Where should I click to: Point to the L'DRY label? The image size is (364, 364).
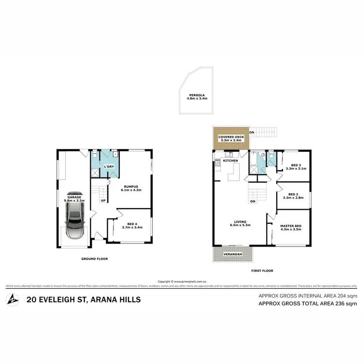coord(109,167)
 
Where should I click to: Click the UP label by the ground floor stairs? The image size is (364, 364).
coord(103,200)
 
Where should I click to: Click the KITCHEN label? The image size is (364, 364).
coord(230,160)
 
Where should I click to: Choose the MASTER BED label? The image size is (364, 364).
coord(291,226)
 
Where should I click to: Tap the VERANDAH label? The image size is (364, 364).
coord(232,254)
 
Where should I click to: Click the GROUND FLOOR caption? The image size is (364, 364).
coord(95,259)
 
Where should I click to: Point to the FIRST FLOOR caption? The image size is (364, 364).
coord(263,270)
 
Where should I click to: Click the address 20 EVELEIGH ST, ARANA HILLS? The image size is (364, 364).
coord(84,299)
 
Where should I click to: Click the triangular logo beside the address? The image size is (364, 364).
coord(12,299)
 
